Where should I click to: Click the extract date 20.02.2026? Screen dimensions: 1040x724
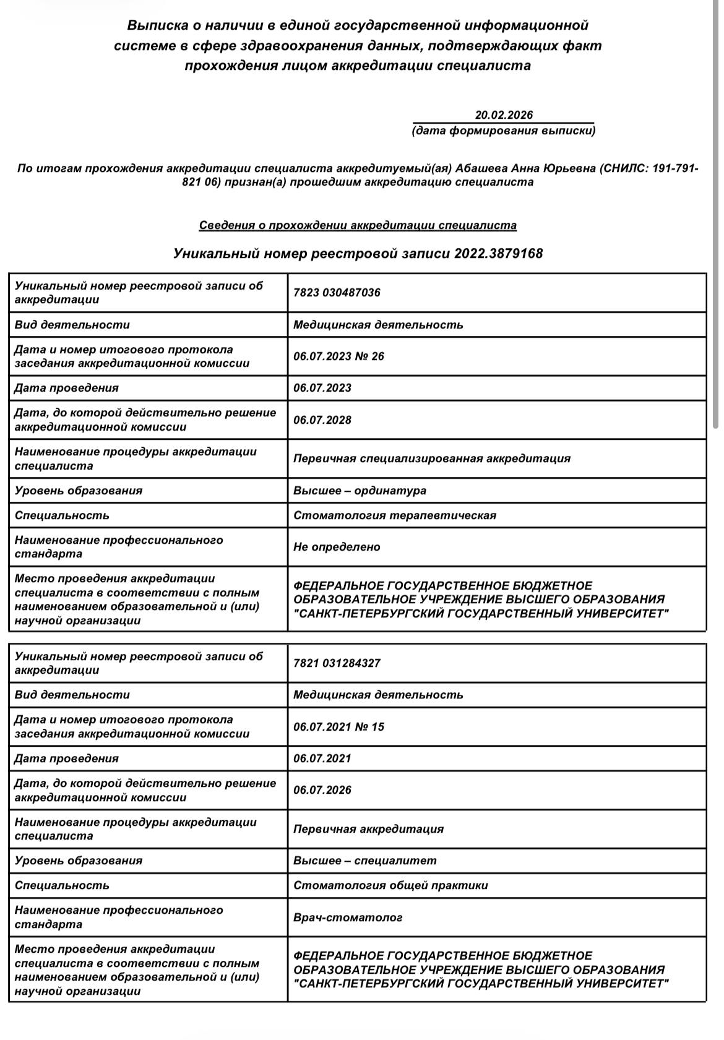[504, 115]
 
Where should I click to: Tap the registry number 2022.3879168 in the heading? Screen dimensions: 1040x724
[498, 254]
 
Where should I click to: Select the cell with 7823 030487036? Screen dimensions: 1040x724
[337, 293]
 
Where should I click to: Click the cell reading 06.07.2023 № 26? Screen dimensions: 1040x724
[338, 356]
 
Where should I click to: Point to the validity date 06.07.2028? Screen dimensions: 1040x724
[322, 420]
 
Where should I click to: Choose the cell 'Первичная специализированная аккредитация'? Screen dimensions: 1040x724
[432, 458]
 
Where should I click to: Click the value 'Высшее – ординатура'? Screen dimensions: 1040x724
[360, 491]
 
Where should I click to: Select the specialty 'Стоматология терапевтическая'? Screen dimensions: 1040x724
[395, 515]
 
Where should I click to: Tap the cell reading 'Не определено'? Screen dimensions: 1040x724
[337, 547]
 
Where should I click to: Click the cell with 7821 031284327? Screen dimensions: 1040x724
[337, 663]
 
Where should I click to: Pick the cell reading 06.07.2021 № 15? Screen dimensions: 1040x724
[338, 727]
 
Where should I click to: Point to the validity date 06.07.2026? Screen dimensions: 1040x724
[322, 790]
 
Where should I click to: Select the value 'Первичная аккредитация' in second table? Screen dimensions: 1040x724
[368, 829]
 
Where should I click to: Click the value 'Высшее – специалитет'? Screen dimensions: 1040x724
[364, 861]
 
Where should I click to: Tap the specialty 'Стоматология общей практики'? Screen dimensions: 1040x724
[390, 885]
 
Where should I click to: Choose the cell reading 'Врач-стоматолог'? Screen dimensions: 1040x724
[348, 918]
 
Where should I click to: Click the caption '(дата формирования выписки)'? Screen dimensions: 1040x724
[503, 131]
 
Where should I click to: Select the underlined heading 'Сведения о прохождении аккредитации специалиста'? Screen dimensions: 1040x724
[358, 225]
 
